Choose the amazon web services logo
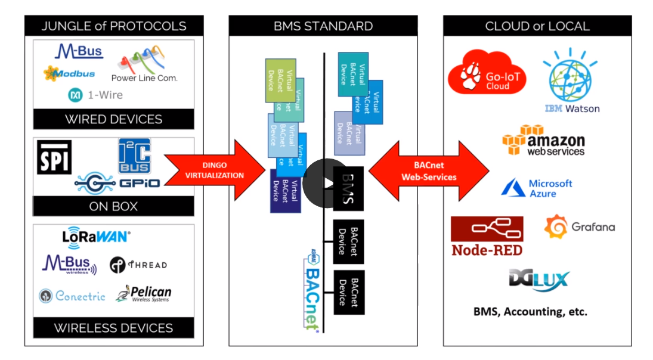coord(543,141)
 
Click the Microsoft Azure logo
coord(537,188)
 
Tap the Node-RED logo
coord(487,236)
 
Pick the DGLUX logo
coord(539,280)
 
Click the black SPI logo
coord(54,157)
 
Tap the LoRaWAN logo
coord(96,236)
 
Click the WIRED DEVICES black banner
coord(113,119)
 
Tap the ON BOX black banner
coord(113,206)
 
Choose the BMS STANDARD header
coord(323,26)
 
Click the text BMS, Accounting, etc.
coord(530,311)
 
